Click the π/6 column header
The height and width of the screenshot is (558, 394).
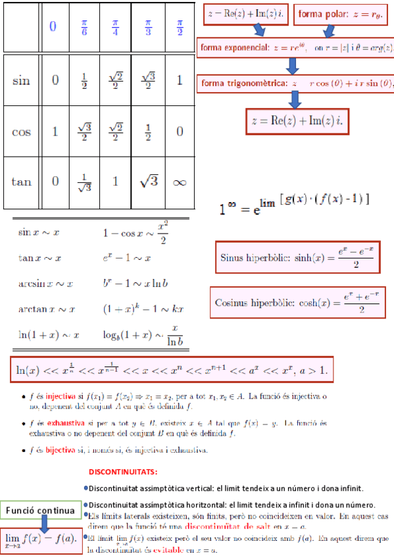point(84,28)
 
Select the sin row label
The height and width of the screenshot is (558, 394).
point(21,81)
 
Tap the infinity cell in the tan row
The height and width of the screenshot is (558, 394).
point(180,182)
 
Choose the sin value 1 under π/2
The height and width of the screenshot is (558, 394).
point(180,80)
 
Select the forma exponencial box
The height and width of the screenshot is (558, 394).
point(295,47)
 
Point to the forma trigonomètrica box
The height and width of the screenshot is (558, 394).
point(295,84)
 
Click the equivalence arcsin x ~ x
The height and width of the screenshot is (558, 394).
point(45,284)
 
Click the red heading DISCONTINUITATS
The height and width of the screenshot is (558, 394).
point(123,472)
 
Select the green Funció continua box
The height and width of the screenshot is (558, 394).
point(40,511)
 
